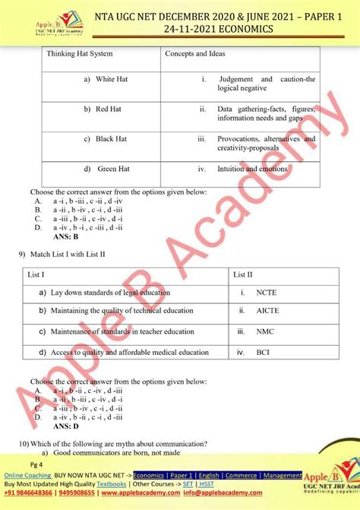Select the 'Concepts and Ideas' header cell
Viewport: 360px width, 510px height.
[194, 54]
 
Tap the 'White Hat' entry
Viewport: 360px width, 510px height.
[110, 80]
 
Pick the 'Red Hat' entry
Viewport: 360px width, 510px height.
[107, 109]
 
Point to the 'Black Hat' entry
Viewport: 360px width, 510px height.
[110, 139]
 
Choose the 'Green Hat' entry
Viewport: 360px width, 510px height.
[112, 168]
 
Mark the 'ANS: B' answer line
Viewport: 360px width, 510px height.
[66, 236]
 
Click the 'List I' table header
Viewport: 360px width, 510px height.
[36, 274]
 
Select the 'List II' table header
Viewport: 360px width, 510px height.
[243, 274]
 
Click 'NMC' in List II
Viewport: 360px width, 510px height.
[265, 331]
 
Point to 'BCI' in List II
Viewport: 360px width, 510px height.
[263, 352]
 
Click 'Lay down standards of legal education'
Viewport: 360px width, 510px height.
[110, 292]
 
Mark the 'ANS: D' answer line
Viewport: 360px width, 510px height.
[66, 426]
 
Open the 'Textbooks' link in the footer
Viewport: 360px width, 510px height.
[111, 483]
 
